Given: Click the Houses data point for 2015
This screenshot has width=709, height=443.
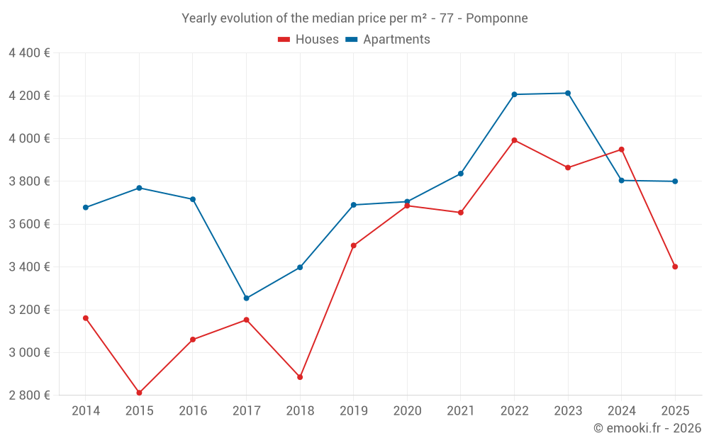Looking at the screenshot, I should tap(139, 393).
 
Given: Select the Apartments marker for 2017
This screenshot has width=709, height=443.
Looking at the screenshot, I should tap(246, 298).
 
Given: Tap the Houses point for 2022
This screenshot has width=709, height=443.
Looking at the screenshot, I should tap(514, 140).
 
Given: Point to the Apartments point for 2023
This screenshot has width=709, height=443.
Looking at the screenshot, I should tap(568, 93).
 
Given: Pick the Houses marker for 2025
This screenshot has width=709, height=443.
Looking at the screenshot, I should tap(675, 267).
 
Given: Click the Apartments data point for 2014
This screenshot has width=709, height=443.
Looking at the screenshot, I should tap(86, 208).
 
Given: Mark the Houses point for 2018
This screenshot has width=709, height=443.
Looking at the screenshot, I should tap(300, 377).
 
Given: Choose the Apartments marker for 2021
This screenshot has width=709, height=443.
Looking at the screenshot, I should tap(461, 174).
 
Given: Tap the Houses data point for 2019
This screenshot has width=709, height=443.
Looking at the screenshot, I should tap(354, 246).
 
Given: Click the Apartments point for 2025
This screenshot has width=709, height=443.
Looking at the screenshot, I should tap(675, 181).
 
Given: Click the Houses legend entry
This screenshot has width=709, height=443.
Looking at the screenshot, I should tap(308, 40).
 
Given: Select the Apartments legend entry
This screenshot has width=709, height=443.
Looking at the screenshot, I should tap(388, 40).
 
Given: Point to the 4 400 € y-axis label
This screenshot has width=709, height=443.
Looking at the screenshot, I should tap(29, 53).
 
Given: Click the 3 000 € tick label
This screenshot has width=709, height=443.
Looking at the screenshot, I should tap(29, 353).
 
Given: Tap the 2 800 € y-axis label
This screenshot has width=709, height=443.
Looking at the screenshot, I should tap(29, 396).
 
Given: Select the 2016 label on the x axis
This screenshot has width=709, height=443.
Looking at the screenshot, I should tap(193, 411).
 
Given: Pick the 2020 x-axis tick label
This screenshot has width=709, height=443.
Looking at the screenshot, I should tap(407, 411).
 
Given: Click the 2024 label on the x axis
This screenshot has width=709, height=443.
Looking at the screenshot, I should tap(621, 411).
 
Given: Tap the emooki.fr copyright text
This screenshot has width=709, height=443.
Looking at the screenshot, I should tap(647, 428).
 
